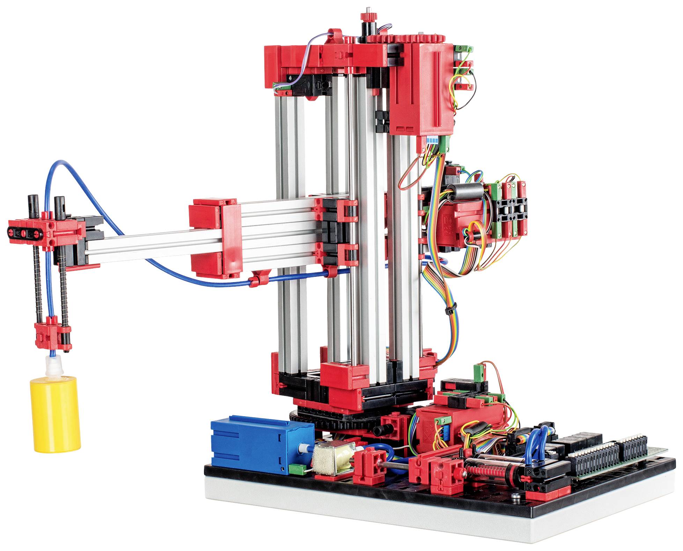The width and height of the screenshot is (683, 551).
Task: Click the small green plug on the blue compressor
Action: point(299,469)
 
